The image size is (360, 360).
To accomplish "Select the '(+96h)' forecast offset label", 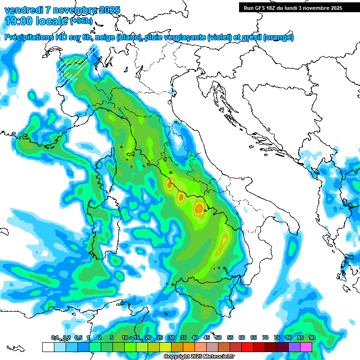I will click(x=81, y=21).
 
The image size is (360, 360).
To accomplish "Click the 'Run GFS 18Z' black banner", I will click(x=292, y=7).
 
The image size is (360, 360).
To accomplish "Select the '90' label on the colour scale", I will click(x=312, y=338).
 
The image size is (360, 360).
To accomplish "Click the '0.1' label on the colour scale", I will click(x=54, y=338).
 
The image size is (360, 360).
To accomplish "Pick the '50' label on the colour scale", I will click(x=218, y=338).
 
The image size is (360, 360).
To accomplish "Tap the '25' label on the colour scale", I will click(x=160, y=338).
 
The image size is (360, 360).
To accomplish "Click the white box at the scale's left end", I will click(x=48, y=347).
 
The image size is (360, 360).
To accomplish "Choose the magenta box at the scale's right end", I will click(x=306, y=347).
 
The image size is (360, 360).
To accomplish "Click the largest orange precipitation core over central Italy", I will click(x=199, y=208).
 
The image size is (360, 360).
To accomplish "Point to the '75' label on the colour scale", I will click(x=277, y=338).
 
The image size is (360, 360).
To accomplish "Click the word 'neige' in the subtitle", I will click(x=103, y=37).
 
